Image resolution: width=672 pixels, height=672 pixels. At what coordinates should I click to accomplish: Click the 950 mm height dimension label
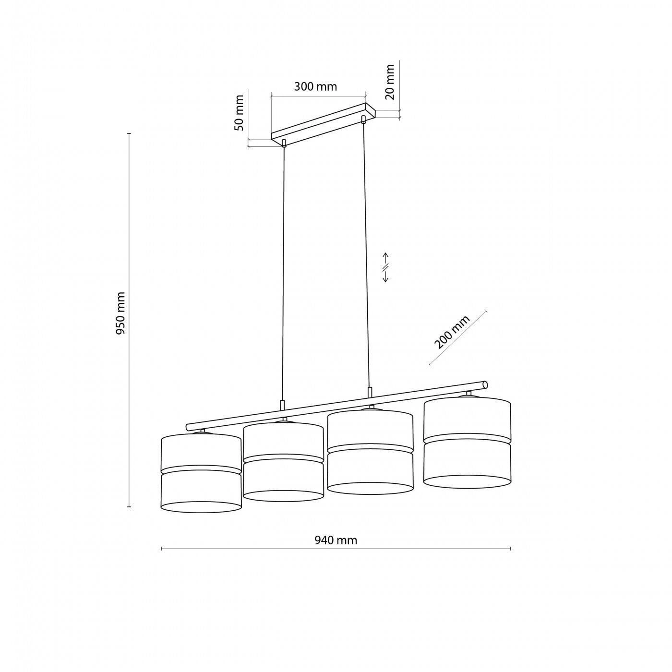click(120, 313)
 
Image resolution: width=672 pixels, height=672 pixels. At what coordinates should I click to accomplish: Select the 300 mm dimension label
click(315, 86)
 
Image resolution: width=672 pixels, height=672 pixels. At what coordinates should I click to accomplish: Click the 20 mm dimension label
click(390, 82)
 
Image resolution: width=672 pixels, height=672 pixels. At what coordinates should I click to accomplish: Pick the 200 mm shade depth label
click(452, 332)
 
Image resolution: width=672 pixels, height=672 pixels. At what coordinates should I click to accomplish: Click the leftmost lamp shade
click(201, 472)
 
